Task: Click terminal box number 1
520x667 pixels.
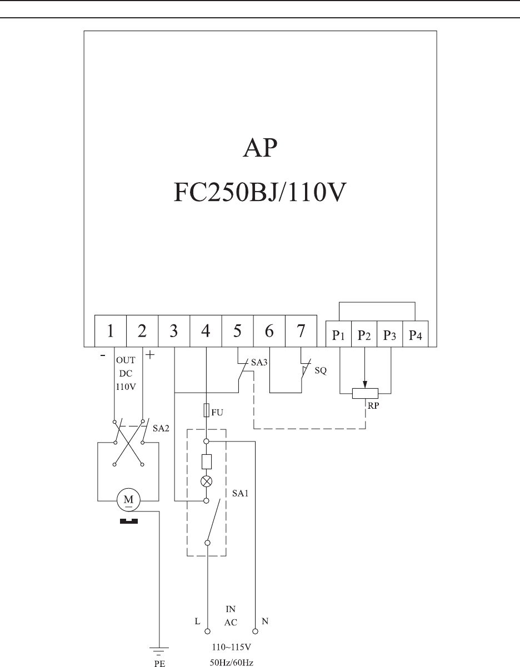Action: click(111, 332)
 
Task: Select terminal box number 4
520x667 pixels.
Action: click(206, 332)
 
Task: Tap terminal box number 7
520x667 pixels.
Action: click(301, 332)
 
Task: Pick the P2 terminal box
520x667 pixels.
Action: click(364, 335)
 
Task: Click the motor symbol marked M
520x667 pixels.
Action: click(128, 499)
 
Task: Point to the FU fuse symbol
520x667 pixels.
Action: click(206, 411)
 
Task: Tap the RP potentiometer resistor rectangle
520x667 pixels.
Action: click(365, 393)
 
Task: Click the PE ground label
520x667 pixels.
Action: click(160, 663)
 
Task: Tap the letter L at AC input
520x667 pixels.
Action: click(197, 622)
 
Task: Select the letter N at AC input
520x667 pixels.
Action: click(264, 622)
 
